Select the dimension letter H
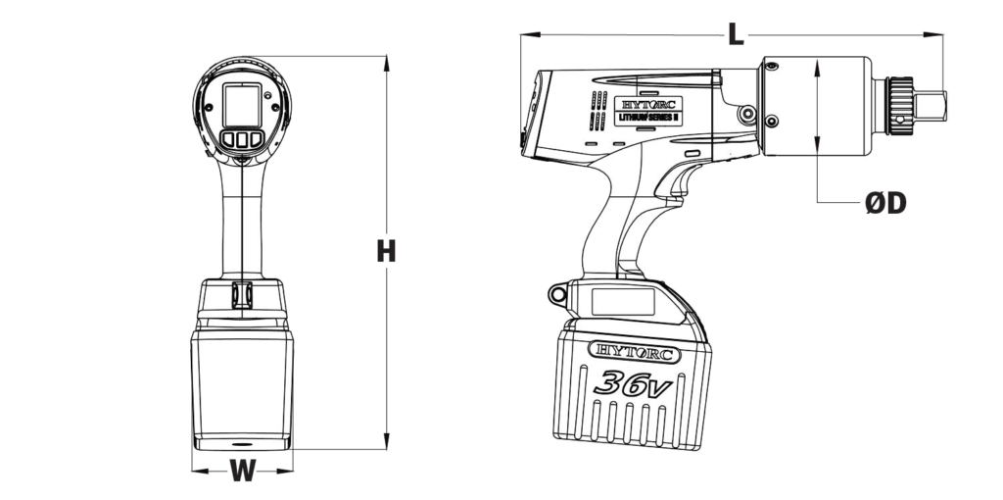pos(387,251)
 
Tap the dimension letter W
pos(242,472)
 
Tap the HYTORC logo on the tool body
pos(651,102)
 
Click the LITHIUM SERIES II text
pos(651,118)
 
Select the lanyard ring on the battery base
pos(558,292)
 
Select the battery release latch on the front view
pos(242,293)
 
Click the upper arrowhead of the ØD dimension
pos(817,65)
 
